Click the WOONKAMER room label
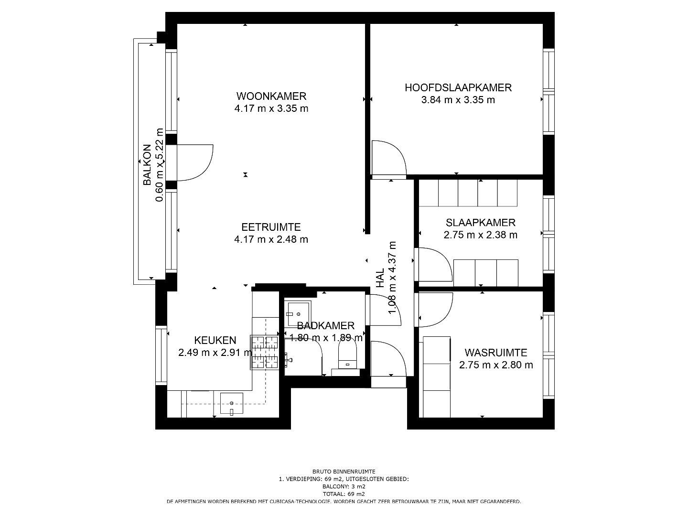point(271,96)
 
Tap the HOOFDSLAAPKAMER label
point(458,88)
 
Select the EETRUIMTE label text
point(271,227)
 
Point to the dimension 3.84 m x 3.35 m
point(458,100)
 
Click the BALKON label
point(147,165)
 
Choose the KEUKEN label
point(215,340)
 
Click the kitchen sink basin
point(232,404)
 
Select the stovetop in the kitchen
point(264,353)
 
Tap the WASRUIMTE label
point(496,353)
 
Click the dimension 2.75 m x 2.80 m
point(496,365)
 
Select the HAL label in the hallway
point(380,278)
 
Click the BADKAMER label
point(326,326)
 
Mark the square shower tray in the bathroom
point(298,314)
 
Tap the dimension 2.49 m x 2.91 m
point(215,353)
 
